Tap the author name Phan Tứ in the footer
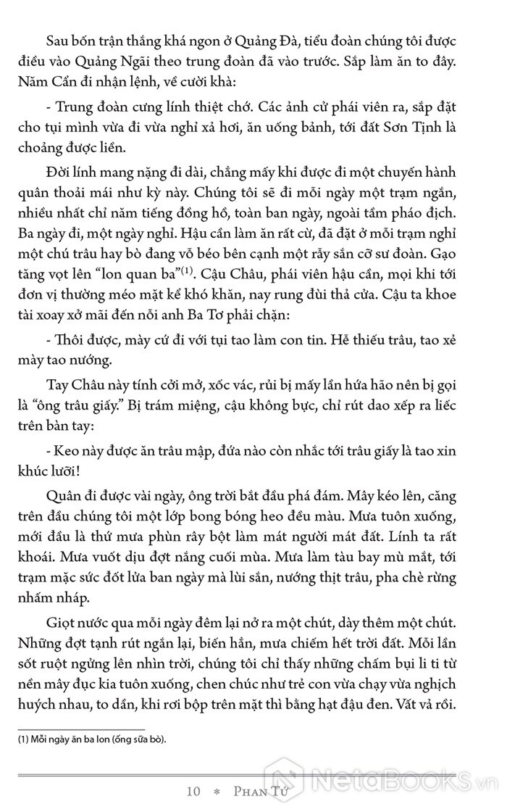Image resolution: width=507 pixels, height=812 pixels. [x=259, y=792]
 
